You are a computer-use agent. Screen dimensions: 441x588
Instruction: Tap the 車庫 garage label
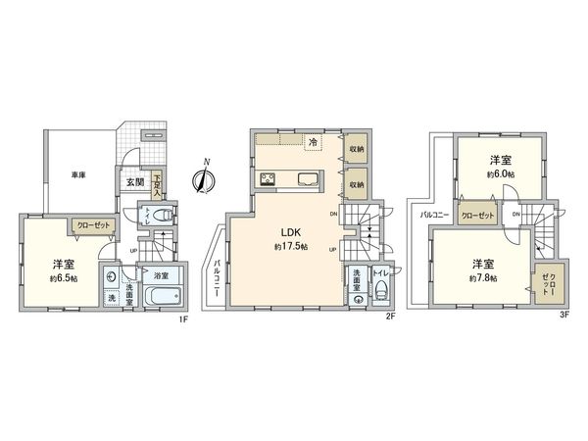click(78, 174)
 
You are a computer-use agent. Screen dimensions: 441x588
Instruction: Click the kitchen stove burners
click(269, 178)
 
